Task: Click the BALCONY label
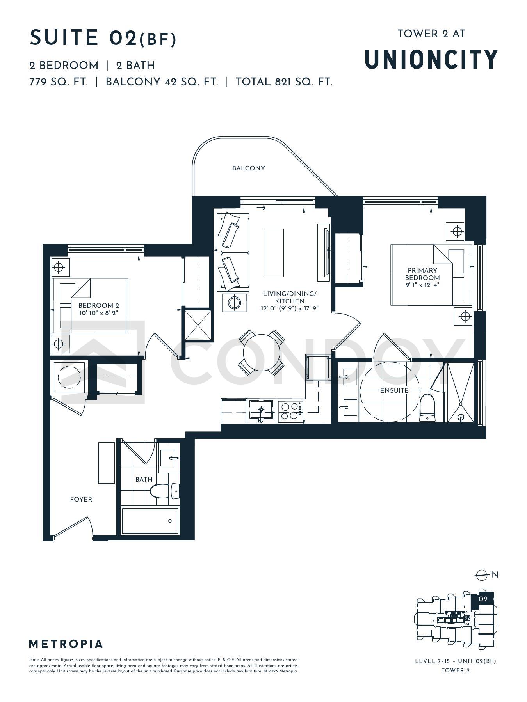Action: tap(249, 168)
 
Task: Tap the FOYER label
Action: tap(81, 499)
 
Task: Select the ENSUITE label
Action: tap(394, 390)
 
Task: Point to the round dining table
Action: tap(262, 353)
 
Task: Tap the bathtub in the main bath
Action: tap(150, 521)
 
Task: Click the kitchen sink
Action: tap(261, 411)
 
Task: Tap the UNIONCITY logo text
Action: tap(431, 60)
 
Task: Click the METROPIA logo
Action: tap(66, 644)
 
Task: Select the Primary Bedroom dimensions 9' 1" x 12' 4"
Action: tap(422, 285)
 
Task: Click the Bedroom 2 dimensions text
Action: tap(98, 313)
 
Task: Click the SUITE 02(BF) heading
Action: tap(103, 38)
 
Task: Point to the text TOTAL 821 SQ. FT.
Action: tap(284, 82)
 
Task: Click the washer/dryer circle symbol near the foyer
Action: tap(69, 377)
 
